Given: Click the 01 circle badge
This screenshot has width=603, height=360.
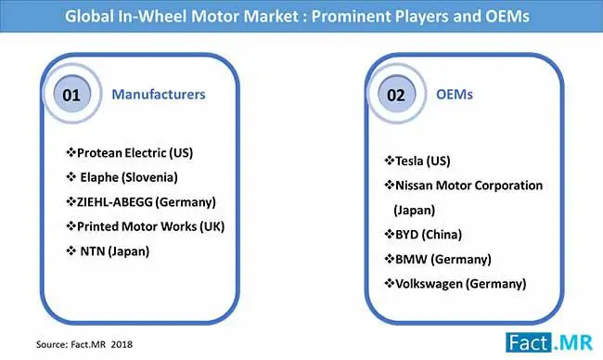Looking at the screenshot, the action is [72, 94].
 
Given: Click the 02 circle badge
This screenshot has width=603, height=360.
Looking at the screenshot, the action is [396, 94].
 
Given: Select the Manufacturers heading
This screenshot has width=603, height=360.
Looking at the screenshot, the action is [159, 95].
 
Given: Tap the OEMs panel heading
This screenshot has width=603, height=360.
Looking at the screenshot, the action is [455, 95].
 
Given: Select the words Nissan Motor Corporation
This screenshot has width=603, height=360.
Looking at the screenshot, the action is [468, 186].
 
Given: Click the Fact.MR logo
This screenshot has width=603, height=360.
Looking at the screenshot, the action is [549, 342].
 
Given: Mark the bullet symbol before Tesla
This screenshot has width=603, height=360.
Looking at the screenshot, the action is [390, 160].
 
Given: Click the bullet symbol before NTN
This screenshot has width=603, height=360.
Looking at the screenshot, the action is [71, 251].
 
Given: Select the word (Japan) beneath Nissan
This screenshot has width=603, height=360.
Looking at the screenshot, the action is [414, 210].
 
